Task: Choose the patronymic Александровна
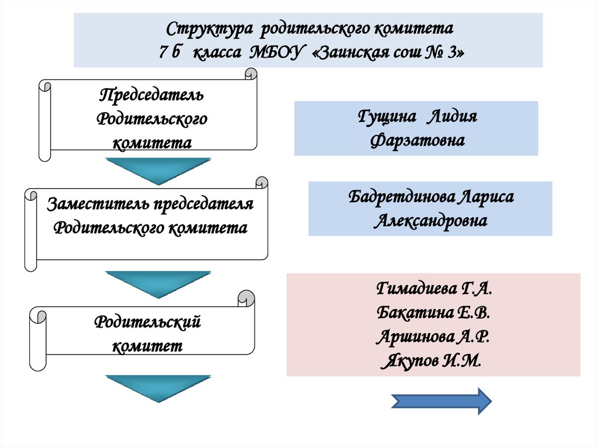tap(430, 221)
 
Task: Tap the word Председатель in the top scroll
tap(151, 95)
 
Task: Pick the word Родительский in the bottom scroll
tap(148, 322)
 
